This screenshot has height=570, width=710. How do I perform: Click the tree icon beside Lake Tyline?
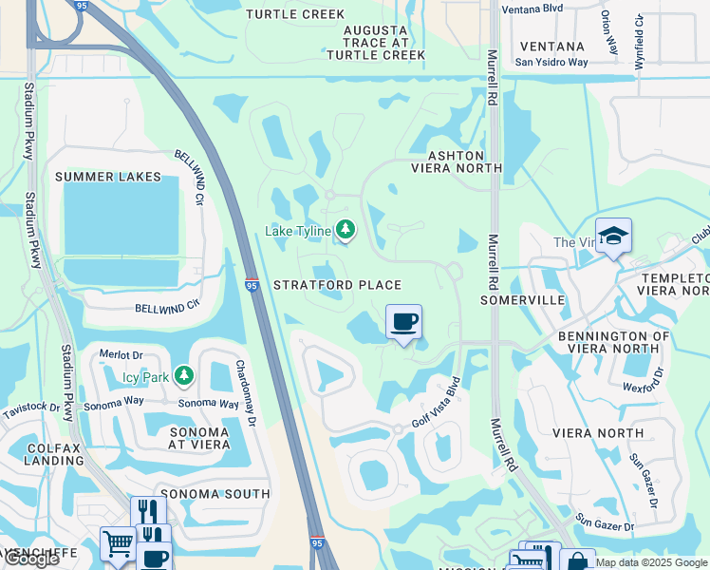(346, 231)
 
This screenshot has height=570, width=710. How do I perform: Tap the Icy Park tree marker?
(183, 377)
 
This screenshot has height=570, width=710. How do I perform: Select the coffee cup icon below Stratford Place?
(404, 322)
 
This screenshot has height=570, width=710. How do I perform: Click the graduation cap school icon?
(613, 236)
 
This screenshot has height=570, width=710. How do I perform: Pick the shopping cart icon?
(118, 544)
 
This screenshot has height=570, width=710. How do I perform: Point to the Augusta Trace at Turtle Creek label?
(377, 43)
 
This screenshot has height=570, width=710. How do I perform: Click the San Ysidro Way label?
(551, 63)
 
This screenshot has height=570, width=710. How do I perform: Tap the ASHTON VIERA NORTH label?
(456, 161)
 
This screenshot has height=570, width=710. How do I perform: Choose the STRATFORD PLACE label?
(337, 285)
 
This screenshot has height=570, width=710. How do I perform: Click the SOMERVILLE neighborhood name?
(522, 300)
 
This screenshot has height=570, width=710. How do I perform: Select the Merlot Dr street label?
(121, 354)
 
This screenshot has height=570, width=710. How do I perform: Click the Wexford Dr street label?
(641, 388)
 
